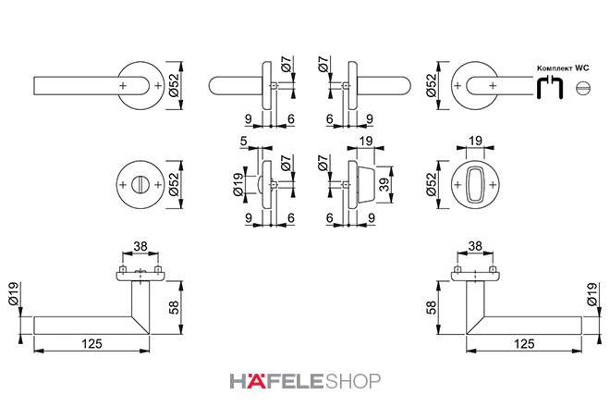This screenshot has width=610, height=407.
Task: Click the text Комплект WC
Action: (563, 68)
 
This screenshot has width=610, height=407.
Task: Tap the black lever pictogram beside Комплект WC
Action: (550, 87)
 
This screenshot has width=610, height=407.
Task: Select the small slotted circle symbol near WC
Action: (583, 88)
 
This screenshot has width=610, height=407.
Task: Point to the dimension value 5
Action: (243, 141)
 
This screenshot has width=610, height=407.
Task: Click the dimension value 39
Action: (384, 184)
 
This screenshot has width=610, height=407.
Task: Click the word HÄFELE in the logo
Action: (276, 381)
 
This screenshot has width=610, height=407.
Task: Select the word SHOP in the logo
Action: (352, 381)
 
